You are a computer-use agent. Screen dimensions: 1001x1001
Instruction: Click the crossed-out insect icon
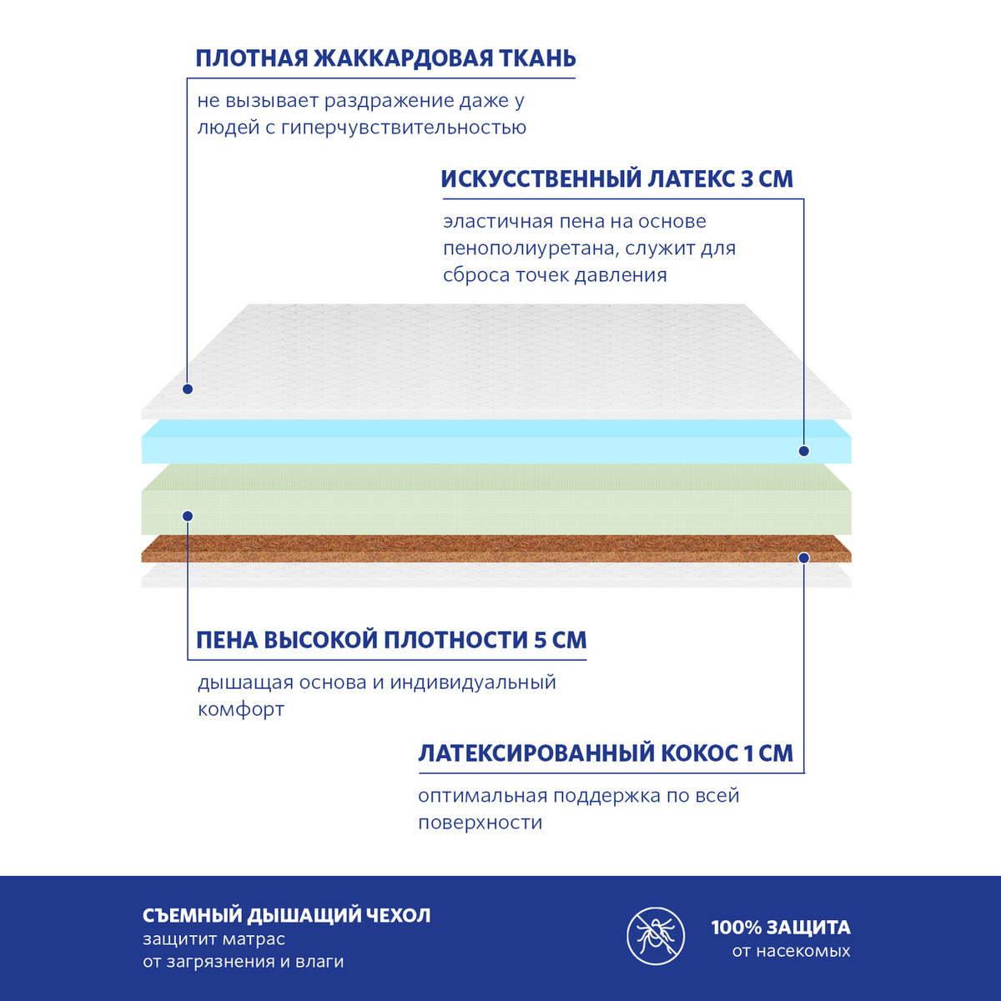click(656, 935)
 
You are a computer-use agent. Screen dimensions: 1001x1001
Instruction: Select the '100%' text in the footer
click(736, 928)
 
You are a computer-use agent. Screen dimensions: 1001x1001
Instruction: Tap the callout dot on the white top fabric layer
click(188, 389)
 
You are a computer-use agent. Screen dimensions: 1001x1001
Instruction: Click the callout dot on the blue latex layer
click(804, 450)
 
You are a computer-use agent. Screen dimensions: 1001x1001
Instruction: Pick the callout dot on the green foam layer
click(188, 516)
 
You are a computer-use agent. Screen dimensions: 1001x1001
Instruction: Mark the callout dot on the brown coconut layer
click(804, 556)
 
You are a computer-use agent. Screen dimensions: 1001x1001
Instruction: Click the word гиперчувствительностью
click(404, 128)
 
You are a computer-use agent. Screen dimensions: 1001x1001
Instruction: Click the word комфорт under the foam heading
click(241, 710)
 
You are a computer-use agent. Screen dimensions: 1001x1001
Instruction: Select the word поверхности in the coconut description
click(480, 822)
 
